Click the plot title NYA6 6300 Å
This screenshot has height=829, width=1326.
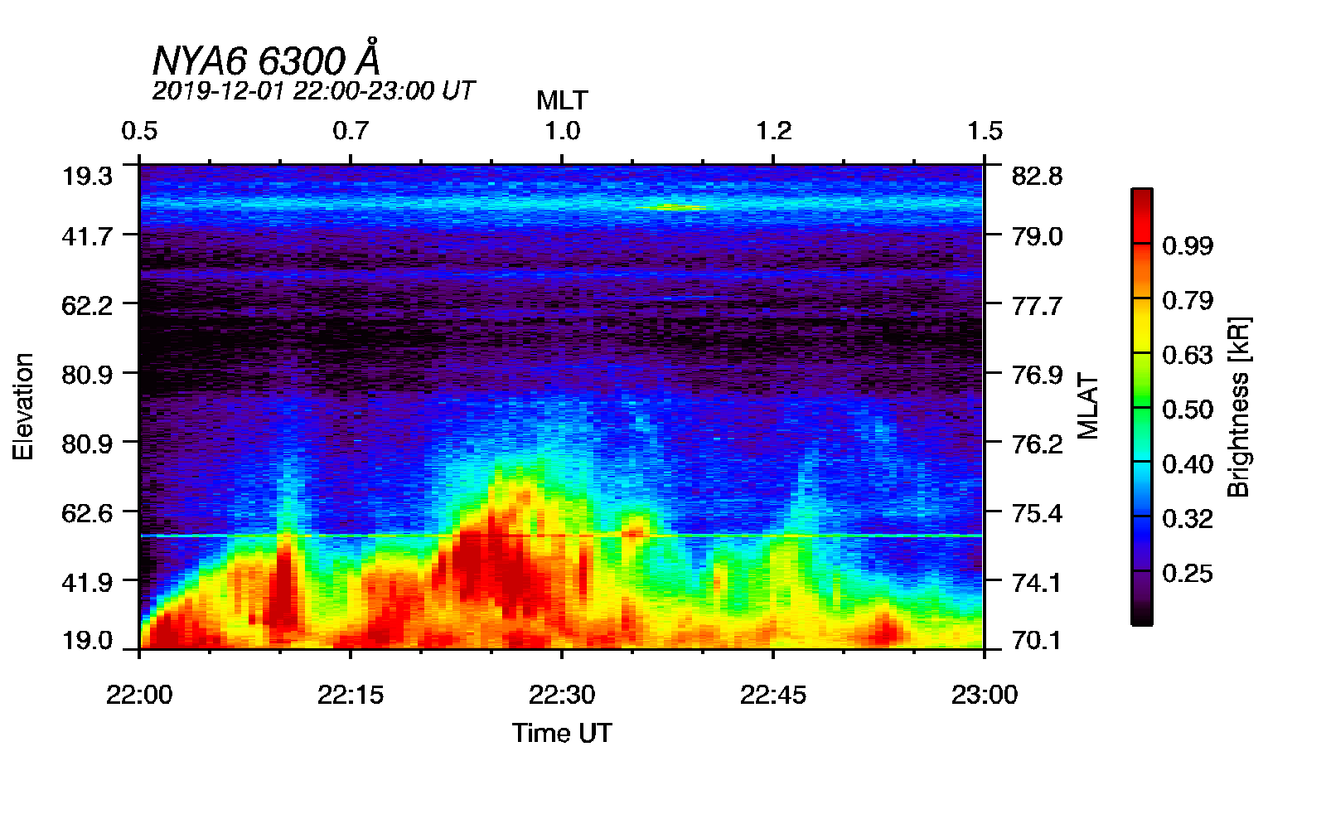point(266,61)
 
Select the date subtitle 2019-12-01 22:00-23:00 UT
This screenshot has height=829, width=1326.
point(313,90)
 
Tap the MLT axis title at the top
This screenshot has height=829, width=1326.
point(562,101)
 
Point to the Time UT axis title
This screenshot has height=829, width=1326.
point(562,733)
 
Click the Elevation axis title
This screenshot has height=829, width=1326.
point(23,406)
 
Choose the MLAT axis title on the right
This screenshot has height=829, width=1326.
point(1087,406)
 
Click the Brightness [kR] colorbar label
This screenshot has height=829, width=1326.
point(1238,406)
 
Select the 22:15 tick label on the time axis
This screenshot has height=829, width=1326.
point(351,695)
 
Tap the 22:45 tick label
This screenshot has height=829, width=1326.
point(773,695)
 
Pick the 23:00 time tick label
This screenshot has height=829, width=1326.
point(985,695)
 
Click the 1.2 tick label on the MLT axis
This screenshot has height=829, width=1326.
point(773,131)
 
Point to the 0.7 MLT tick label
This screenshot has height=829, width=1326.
point(351,131)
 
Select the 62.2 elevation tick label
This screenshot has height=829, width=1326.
point(87,306)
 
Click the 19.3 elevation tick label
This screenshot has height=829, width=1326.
point(87,176)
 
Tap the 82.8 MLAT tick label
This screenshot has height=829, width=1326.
point(1037,176)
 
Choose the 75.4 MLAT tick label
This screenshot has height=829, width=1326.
point(1037,513)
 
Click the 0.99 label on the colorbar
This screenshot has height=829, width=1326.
point(1188,245)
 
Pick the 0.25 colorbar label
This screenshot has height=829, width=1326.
point(1188,573)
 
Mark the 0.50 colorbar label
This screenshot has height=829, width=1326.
point(1188,410)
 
